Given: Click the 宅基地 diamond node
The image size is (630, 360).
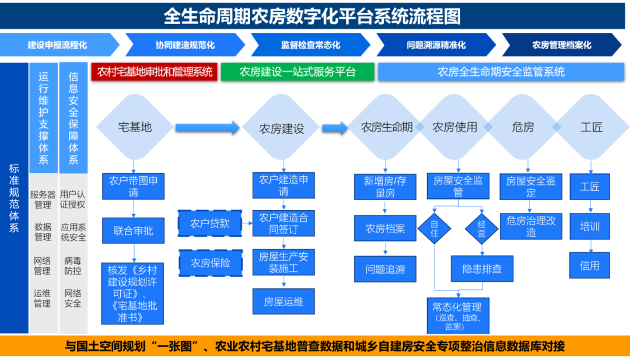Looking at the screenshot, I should click(135, 127).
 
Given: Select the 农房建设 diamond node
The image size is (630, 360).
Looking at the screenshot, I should click(282, 128).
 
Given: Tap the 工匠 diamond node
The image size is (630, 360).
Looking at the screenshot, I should click(591, 127).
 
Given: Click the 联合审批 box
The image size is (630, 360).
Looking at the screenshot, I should click(134, 230).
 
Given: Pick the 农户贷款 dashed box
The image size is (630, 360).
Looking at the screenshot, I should click(210, 223).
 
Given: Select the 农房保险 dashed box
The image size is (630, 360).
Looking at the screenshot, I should click(210, 263).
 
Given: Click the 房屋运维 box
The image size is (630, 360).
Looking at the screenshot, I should click(283, 302).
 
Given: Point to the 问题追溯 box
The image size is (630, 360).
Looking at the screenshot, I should click(385, 269).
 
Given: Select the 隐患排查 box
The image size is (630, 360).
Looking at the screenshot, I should click(482, 269).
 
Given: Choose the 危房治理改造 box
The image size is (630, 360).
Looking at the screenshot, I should click(531, 226).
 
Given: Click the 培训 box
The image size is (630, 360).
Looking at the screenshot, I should click(589, 226).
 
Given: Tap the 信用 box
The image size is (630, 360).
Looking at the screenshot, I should click(589, 265).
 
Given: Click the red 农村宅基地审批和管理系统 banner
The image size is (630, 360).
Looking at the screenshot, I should click(155, 72).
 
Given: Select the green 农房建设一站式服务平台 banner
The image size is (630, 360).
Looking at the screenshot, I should click(297, 72).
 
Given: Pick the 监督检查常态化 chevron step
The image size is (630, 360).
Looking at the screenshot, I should click(310, 45).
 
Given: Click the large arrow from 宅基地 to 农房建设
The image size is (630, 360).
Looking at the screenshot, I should click(207, 127).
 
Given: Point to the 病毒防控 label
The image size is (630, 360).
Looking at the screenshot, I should click(73, 266).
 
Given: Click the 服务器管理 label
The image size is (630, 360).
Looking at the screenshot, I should click(43, 200).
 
